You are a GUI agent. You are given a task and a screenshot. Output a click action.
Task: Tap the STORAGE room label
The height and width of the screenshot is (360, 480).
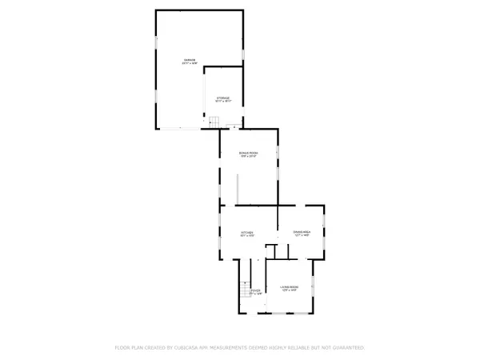tap(223, 98)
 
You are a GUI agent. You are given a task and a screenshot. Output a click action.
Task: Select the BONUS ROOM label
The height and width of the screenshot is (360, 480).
tap(249, 152)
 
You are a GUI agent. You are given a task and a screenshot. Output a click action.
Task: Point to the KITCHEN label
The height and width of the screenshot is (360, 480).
tap(248, 232)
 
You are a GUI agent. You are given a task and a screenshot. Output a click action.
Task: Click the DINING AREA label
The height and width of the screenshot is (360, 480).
tap(301, 232)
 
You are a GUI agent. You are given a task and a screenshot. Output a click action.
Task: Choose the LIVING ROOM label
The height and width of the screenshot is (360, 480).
tap(289, 286)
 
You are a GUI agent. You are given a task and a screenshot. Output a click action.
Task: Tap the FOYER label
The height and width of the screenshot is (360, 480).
tap(255, 291)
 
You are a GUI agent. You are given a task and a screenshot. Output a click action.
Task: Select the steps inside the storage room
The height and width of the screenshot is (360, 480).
tap(214, 120)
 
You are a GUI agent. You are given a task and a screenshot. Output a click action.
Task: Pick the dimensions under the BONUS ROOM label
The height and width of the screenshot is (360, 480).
tap(249, 156)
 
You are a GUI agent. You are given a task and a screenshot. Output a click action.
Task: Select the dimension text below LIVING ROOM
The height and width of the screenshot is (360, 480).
tap(289, 290)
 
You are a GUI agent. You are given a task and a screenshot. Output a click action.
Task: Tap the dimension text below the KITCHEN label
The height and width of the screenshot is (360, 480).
tap(248, 236)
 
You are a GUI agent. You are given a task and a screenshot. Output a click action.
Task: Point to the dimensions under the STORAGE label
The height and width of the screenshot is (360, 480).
tap(223, 102)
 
